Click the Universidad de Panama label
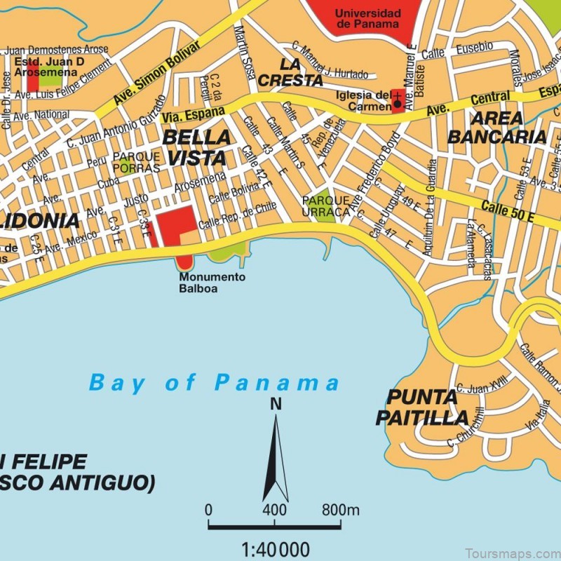click(x=367, y=19)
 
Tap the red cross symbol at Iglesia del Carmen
click(x=398, y=99)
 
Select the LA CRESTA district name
click(x=290, y=72)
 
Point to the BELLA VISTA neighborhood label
click(x=196, y=147)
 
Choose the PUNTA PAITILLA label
click(x=421, y=407)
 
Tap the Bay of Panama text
click(x=214, y=383)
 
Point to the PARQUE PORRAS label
click(x=136, y=162)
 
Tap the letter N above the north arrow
click(x=275, y=404)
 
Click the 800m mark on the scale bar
click(x=340, y=510)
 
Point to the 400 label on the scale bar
click(x=274, y=510)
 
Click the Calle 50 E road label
click(x=508, y=211)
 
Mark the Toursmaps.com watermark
click(x=516, y=550)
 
